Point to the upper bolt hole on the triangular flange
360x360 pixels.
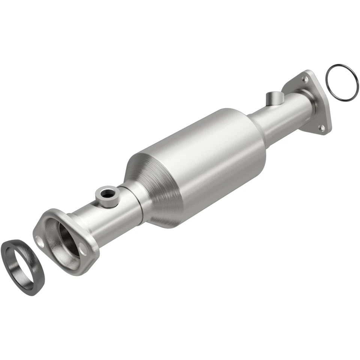pyautogui.click(x=306, y=79)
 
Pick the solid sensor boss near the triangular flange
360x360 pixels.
pyautogui.click(x=273, y=99)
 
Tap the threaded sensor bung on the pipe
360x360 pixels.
pyautogui.click(x=107, y=197)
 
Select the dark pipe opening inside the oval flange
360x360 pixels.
pyautogui.click(x=67, y=240)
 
